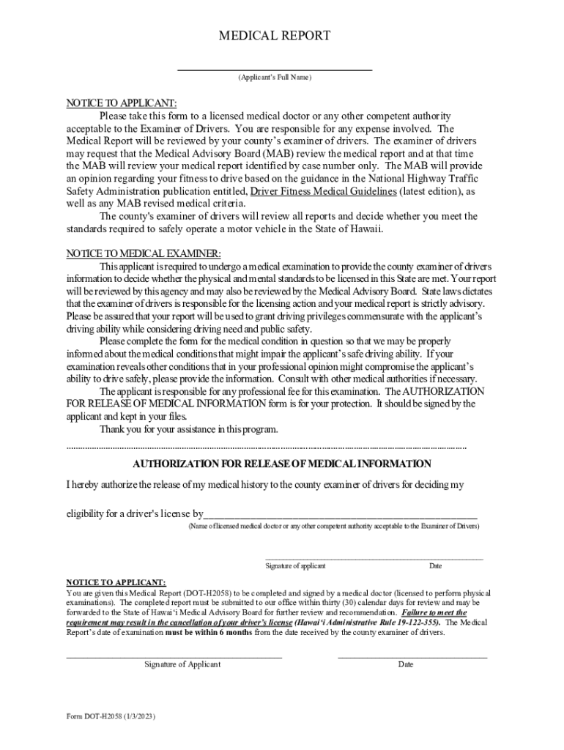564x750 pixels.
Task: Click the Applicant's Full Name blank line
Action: (x=275, y=69)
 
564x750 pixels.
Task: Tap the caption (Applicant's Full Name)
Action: (x=275, y=78)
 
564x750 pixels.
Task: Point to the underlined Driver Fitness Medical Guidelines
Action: (x=324, y=191)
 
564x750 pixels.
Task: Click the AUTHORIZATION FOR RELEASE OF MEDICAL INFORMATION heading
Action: (x=282, y=464)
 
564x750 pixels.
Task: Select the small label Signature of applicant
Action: (x=295, y=565)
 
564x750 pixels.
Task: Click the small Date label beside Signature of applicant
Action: (x=435, y=565)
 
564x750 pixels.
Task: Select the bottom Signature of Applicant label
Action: (x=182, y=664)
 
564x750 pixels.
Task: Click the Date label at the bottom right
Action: (x=406, y=664)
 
